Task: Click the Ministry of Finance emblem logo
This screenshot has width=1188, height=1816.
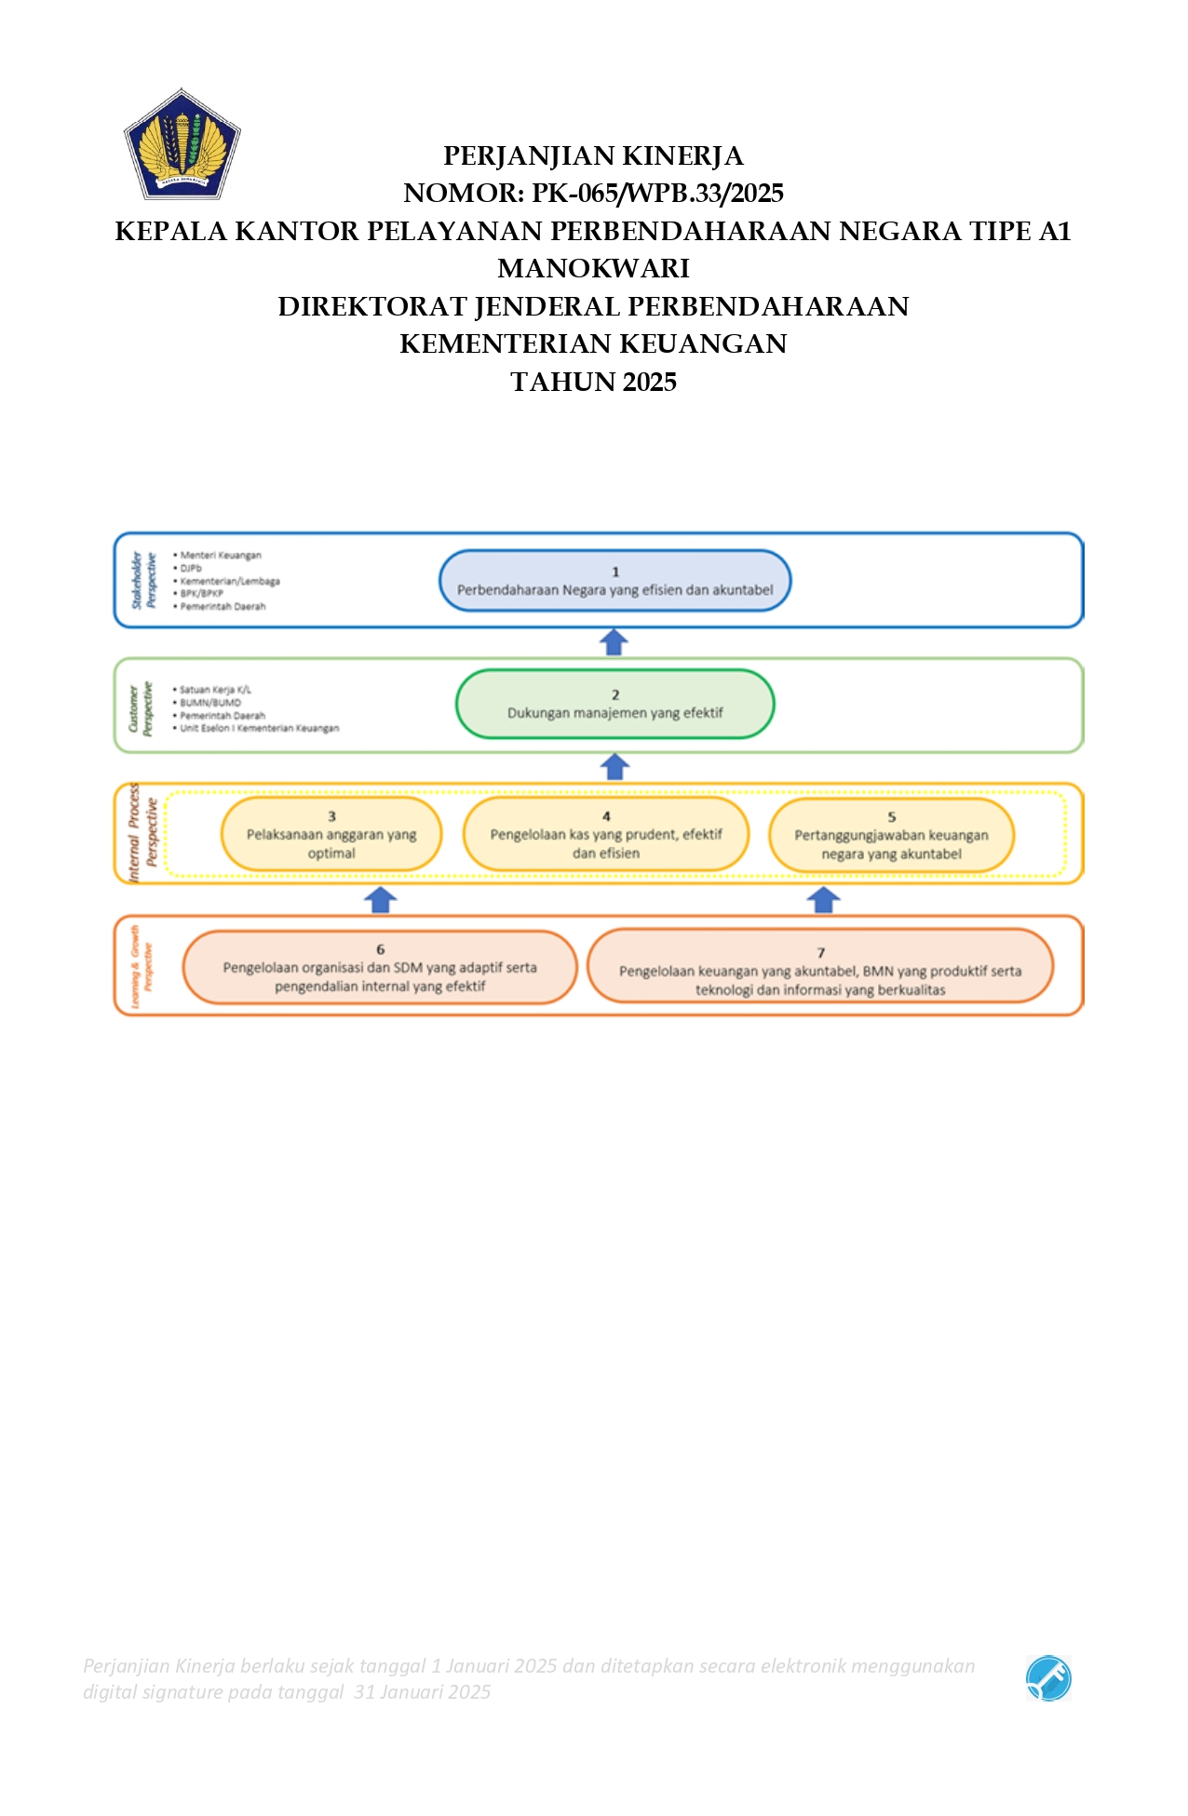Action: [x=182, y=144]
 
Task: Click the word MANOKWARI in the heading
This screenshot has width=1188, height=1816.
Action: [x=593, y=268]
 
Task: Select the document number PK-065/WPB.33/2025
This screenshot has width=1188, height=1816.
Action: [x=657, y=194]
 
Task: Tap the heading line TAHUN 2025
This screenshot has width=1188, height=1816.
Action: [x=593, y=382]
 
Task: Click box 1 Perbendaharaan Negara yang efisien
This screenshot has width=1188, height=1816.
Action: [x=614, y=581]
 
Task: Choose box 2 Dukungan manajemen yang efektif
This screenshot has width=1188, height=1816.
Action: [x=614, y=704]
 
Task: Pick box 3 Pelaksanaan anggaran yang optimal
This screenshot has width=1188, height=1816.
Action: [x=331, y=835]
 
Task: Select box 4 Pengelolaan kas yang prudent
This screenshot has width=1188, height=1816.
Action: [x=606, y=835]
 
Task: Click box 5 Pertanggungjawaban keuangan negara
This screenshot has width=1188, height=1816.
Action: [x=891, y=836]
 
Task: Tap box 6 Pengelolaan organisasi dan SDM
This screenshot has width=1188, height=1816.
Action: [x=380, y=968]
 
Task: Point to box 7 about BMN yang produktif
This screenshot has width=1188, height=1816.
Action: [x=820, y=972]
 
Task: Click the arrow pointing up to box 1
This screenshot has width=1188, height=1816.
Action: [x=614, y=642]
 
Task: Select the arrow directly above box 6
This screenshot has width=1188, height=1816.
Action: [x=381, y=899]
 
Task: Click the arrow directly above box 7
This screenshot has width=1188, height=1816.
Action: [x=823, y=899]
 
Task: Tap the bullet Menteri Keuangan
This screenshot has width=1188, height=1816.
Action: [x=221, y=556]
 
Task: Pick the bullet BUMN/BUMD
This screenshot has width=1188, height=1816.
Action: [x=210, y=703]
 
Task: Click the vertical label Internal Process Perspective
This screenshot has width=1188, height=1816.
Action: [x=143, y=833]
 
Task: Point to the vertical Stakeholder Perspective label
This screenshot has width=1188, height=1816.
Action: [x=143, y=580]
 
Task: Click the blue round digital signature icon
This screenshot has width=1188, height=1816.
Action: [x=1048, y=1678]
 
